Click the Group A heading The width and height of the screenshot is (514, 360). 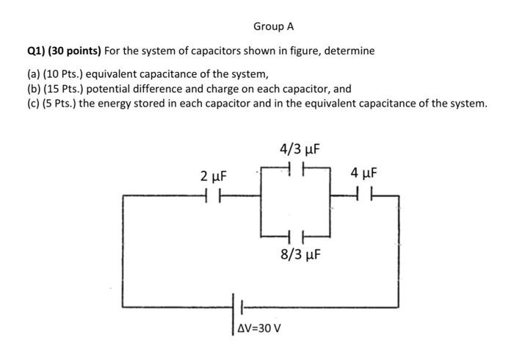273,26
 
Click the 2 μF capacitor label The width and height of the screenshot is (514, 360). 214,176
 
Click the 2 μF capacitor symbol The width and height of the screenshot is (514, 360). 213,196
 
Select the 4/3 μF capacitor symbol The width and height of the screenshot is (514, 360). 297,169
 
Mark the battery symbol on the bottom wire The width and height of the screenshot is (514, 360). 239,306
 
